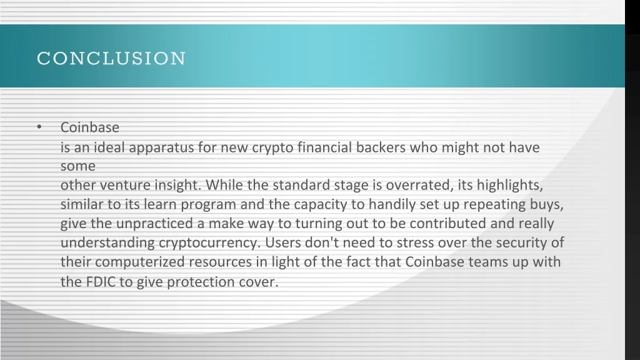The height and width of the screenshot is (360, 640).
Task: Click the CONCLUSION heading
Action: pos(111,58)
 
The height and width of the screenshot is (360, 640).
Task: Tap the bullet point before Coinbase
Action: pos(39,126)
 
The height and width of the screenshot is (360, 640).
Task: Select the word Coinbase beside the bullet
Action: pos(90,127)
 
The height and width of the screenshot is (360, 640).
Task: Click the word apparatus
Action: pos(161,147)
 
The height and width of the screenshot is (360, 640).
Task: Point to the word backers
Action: pos(381,147)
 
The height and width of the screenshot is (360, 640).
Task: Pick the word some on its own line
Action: pos(78,166)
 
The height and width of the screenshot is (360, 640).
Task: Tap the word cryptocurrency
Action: pos(209,243)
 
